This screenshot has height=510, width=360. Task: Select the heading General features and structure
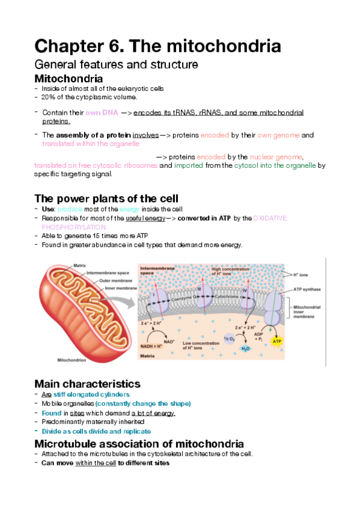(x=117, y=64)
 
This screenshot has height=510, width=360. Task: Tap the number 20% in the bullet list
(x=49, y=97)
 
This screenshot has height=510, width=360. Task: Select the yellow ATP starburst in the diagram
(x=277, y=342)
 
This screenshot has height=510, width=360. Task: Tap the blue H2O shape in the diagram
(x=245, y=348)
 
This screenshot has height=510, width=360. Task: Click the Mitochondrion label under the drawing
(x=72, y=360)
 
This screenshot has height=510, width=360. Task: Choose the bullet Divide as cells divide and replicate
(x=96, y=431)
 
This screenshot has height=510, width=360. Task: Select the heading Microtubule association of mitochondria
(x=139, y=443)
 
